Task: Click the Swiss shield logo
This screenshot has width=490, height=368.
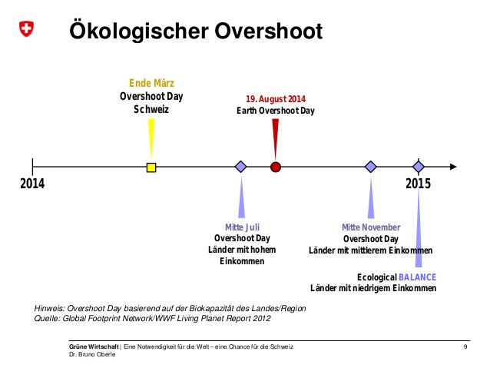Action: tap(26, 28)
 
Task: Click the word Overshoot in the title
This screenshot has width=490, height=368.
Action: tap(269, 31)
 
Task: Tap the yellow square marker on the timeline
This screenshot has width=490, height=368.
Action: tap(151, 167)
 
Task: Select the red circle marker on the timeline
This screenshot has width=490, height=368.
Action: tap(275, 167)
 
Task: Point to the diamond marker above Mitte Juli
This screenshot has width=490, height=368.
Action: tap(240, 167)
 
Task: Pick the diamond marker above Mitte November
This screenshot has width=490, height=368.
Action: tap(371, 167)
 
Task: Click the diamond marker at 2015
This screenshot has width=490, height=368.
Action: tap(419, 167)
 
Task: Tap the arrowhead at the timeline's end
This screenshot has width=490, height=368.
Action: tap(453, 167)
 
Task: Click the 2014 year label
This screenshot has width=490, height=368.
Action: tap(32, 184)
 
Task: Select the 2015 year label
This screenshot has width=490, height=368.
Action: tap(418, 184)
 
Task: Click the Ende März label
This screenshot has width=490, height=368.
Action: tap(151, 83)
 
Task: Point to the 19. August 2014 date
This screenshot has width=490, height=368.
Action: tap(276, 99)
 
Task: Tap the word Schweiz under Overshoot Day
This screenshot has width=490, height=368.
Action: tap(151, 109)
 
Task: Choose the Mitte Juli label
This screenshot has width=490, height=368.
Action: tap(242, 227)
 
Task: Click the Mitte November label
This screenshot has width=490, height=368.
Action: tap(371, 227)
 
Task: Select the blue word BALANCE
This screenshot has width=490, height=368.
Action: tap(417, 277)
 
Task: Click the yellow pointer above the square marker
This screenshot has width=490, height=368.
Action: tap(151, 139)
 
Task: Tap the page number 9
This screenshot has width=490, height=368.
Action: tap(465, 346)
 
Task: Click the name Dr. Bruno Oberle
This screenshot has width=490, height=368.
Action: tap(92, 354)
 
